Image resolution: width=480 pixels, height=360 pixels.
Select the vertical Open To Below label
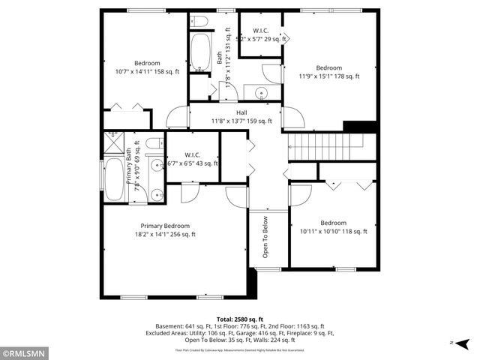click(265, 238)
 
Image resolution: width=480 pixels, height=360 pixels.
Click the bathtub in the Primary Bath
click(115, 180)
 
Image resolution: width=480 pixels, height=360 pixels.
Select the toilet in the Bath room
click(198, 20)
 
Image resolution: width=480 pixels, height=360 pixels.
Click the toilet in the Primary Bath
click(153, 142)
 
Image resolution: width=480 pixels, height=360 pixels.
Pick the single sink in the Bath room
click(260, 94)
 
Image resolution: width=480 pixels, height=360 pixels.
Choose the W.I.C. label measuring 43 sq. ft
click(193, 155)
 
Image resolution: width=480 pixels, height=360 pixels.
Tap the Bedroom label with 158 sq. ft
click(147, 63)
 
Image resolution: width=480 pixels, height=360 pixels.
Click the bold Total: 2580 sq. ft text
click(239, 319)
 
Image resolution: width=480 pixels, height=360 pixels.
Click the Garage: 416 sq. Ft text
click(282, 333)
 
